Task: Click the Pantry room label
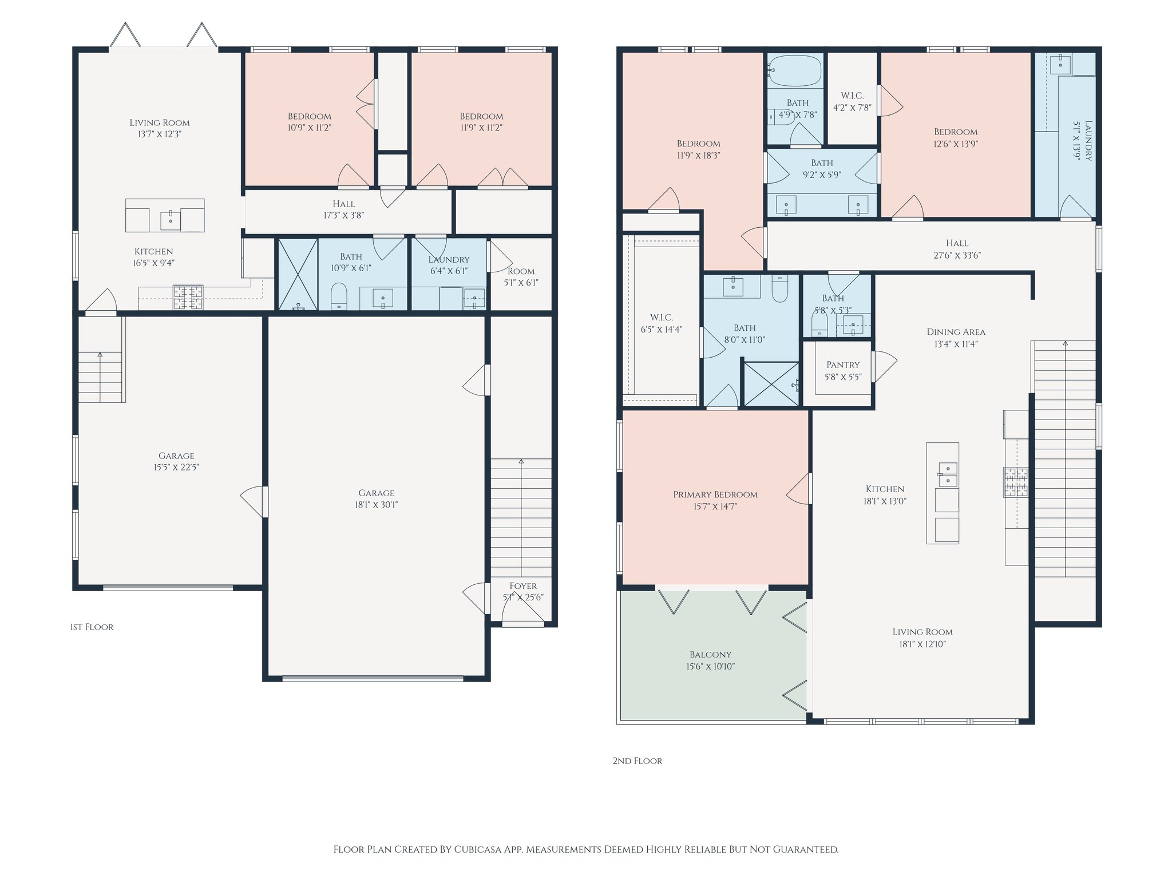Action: (843, 365)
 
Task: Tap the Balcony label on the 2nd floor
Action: (710, 654)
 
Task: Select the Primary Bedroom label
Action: (715, 494)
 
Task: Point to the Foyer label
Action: (523, 585)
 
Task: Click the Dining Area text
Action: (956, 332)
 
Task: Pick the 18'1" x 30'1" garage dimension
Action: (376, 505)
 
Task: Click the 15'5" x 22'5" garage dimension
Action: (176, 468)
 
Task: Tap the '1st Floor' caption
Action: (92, 627)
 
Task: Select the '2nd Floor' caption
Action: (637, 761)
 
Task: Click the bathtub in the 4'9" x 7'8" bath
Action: (795, 71)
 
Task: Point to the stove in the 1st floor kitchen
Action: (188, 297)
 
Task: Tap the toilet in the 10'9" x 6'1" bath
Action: (339, 296)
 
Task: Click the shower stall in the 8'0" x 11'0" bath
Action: (770, 384)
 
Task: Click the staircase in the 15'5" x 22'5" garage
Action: (101, 359)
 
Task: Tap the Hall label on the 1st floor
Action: (343, 204)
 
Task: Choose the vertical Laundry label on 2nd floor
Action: (1088, 141)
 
